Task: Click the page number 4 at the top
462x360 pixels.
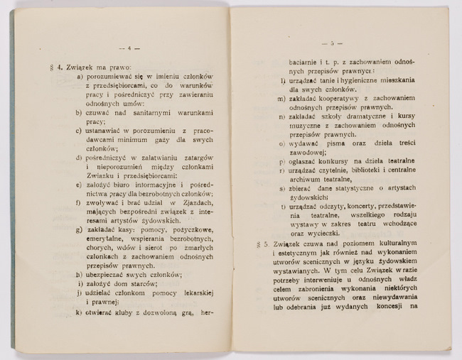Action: [x=131, y=48]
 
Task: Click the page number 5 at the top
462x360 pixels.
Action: [x=331, y=43]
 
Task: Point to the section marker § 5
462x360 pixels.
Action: [x=260, y=244]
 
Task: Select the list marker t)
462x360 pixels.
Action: [x=283, y=206]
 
